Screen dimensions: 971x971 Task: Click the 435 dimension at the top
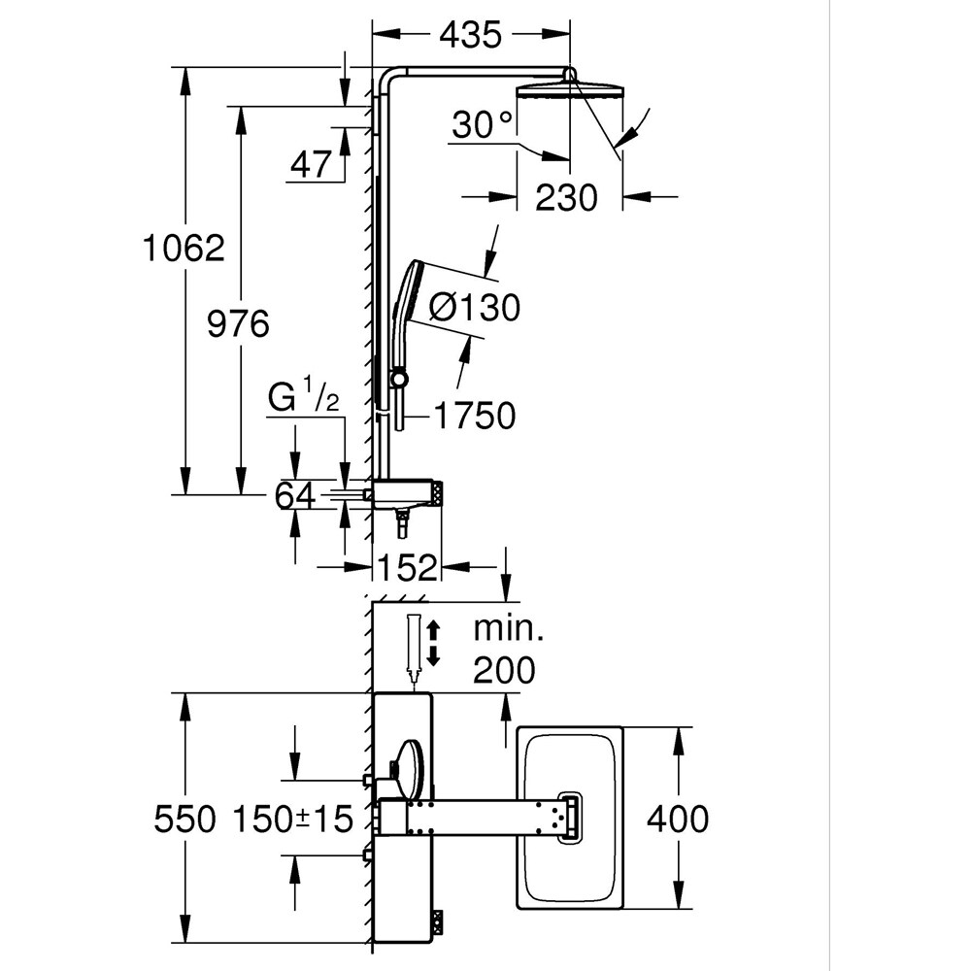tap(470, 35)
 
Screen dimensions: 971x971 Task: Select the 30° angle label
tap(483, 125)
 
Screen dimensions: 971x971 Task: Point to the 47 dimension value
tap(311, 165)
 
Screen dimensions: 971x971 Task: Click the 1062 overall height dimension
tap(184, 249)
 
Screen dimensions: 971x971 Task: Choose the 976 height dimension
tap(238, 323)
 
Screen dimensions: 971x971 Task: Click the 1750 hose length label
tap(474, 417)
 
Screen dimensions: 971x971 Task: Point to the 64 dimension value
tap(294, 496)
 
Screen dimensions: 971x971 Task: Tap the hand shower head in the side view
tap(406, 291)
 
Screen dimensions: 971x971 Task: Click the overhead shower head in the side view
tap(572, 91)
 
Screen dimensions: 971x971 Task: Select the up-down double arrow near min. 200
tap(434, 642)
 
